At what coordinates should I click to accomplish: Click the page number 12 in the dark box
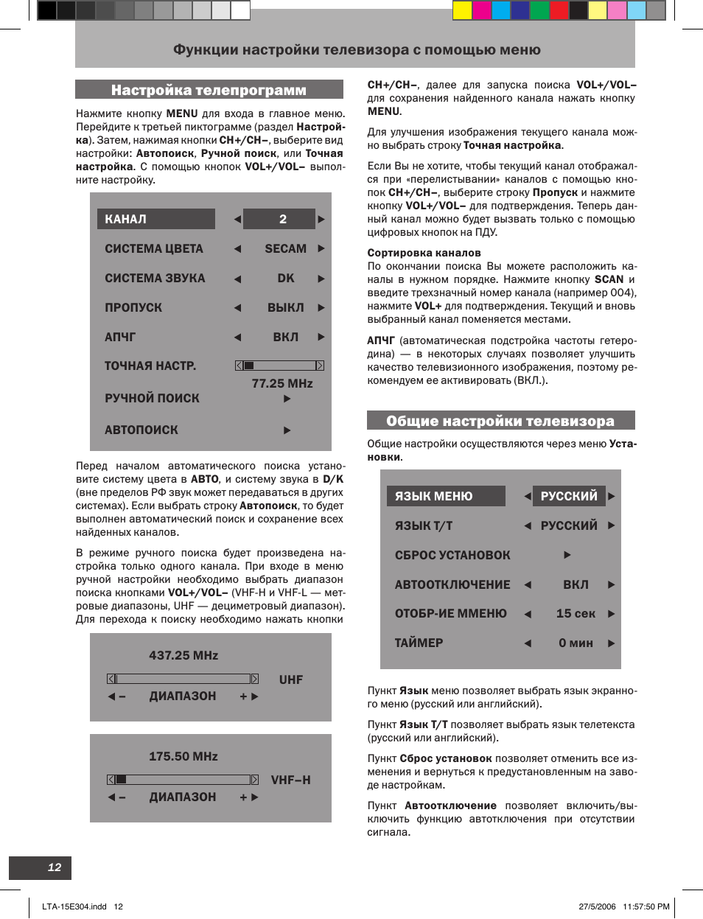point(55,867)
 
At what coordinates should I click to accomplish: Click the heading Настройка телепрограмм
point(209,90)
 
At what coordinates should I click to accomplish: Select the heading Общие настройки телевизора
point(500,421)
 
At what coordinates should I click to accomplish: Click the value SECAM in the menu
point(285,249)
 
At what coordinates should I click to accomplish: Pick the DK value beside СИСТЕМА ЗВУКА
point(286,279)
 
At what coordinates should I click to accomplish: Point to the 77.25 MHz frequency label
point(282,383)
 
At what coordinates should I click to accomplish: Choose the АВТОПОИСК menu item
point(141,430)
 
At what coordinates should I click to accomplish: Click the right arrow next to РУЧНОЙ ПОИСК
point(287,399)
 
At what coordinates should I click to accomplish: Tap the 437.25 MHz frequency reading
point(183,655)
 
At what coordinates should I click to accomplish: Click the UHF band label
point(291,679)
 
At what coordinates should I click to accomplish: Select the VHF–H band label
point(290,780)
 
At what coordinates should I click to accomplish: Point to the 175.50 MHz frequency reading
point(183,756)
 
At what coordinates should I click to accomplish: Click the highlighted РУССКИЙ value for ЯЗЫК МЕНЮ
point(569,496)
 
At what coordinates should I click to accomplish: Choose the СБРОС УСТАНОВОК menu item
point(452,555)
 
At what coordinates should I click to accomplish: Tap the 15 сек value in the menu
point(576,613)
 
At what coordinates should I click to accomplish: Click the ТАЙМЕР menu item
point(419,643)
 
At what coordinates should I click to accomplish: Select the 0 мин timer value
point(576,643)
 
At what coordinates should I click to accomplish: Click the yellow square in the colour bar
point(462,10)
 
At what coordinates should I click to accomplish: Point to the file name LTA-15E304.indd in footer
point(74,906)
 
